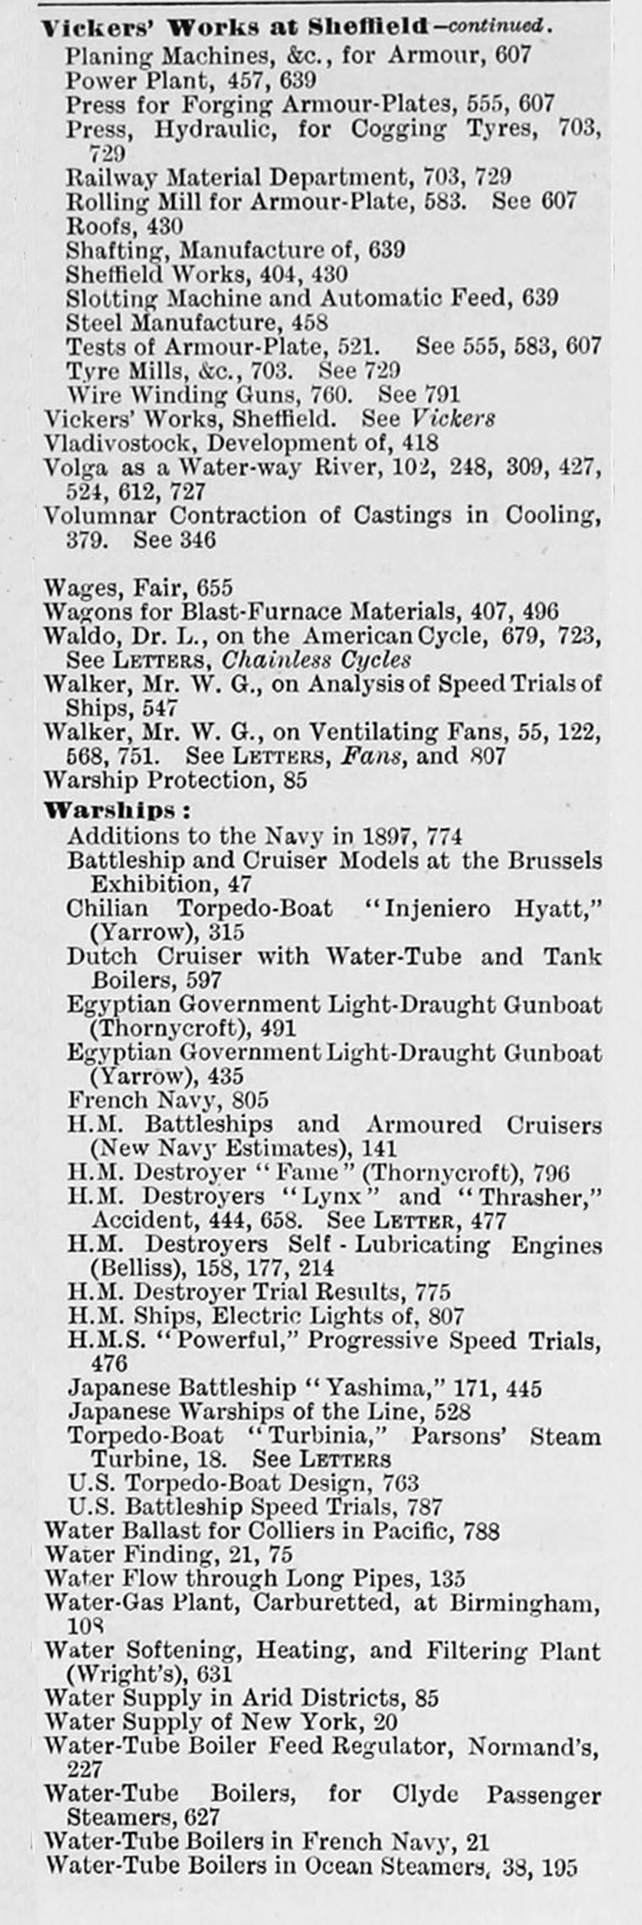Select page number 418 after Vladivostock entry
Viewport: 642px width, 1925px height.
420,442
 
